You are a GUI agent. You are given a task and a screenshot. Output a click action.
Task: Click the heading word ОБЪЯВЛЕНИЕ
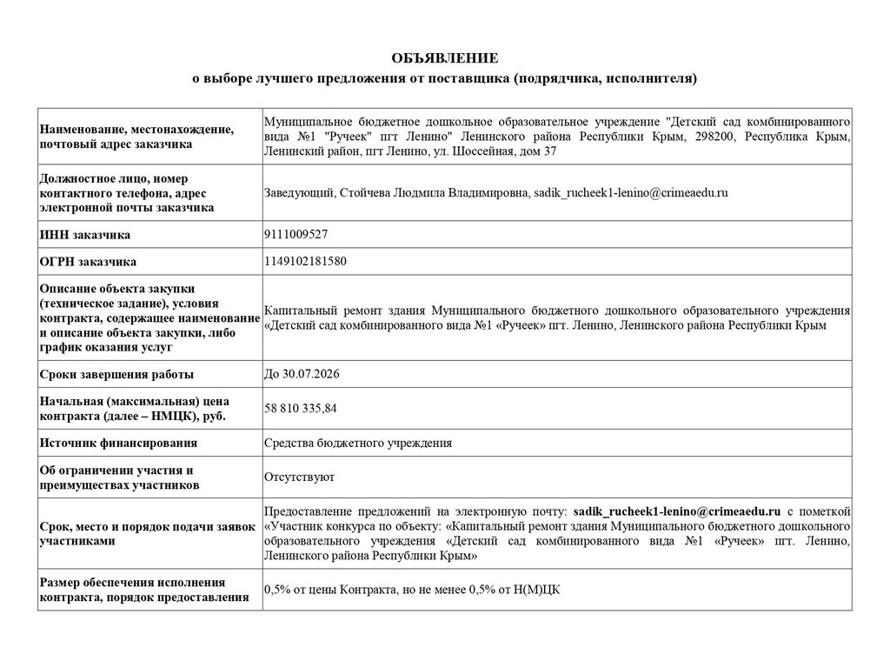pos(444,58)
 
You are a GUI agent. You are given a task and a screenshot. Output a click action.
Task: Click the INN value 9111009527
pos(296,234)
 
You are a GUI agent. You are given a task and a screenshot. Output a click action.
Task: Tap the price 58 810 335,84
pos(301,407)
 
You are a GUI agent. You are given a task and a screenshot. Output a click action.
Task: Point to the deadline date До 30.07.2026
pos(302,374)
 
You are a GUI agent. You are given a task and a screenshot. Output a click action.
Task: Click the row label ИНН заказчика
pos(85,235)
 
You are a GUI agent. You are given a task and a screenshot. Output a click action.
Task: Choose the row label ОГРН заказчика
pos(88,261)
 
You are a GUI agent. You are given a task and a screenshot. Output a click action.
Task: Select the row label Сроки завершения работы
pos(116,375)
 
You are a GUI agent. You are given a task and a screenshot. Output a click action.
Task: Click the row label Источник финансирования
pos(118,443)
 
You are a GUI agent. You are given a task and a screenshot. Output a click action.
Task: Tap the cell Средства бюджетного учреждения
pos(358,443)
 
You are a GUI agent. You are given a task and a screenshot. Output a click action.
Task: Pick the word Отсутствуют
pos(299,477)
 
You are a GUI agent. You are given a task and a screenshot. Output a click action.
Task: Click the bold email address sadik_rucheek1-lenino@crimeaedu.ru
pos(678,511)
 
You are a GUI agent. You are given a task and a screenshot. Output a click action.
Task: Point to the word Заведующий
pos(296,192)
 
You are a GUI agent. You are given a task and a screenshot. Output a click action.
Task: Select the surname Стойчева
pos(362,192)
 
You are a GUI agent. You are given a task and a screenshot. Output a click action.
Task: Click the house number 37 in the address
pos(548,151)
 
